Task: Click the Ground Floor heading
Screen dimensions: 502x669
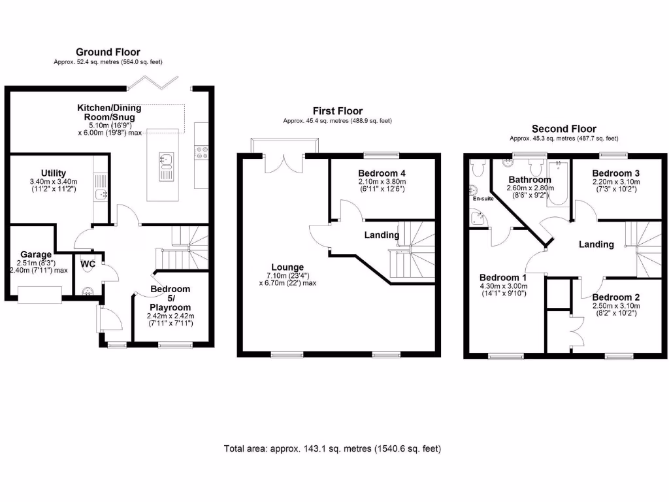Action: click(x=108, y=52)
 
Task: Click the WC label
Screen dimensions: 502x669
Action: click(x=86, y=264)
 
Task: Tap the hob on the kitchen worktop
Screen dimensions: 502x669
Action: click(x=202, y=152)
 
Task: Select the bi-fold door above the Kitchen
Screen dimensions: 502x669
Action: click(x=153, y=82)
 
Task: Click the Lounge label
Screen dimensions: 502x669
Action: click(x=287, y=267)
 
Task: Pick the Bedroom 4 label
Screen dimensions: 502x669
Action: click(x=382, y=173)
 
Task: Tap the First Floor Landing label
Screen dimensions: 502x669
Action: click(x=382, y=235)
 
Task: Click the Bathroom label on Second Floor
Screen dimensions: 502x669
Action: click(x=531, y=178)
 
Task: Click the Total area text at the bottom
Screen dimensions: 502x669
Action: click(x=333, y=448)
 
